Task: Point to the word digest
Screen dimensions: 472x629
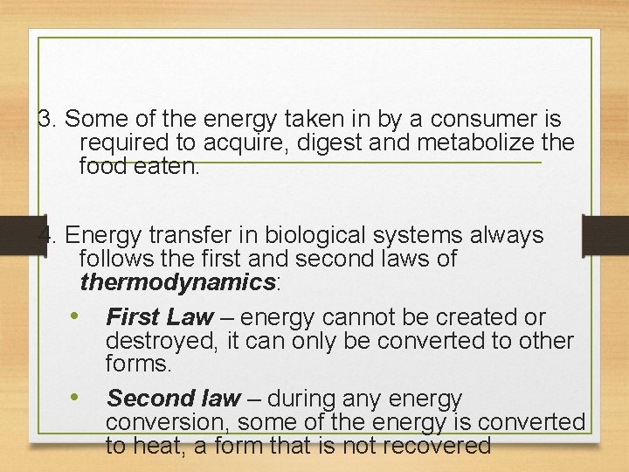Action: (331, 142)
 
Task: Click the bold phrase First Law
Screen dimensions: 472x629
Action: (160, 317)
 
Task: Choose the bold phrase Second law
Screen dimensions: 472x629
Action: (173, 399)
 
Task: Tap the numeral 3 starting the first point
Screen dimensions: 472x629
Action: (46, 119)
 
